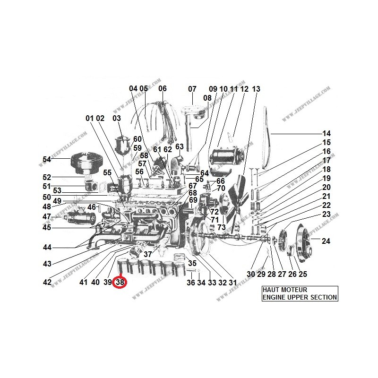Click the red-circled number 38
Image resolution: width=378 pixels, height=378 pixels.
[120, 282]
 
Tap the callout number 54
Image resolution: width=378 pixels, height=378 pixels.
[46, 160]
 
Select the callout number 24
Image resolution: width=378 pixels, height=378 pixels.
[326, 241]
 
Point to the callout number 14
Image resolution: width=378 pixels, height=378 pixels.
[326, 133]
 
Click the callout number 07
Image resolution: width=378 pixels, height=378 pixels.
[192, 88]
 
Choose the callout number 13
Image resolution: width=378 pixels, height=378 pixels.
[256, 88]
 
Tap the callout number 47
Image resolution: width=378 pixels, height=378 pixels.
[46, 216]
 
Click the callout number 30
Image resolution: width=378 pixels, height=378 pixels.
[250, 274]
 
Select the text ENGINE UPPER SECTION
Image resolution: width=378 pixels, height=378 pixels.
[300, 297]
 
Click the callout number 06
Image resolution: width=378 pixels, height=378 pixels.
[163, 88]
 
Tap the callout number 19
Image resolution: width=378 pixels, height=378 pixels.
[326, 179]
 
